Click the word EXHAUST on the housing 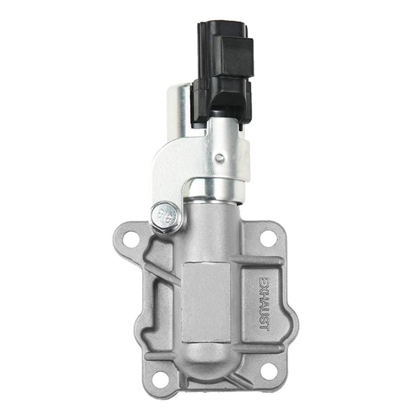(x=264, y=303)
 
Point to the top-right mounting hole (x=268, y=238)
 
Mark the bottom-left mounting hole (x=161, y=378)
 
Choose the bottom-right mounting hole (x=268, y=371)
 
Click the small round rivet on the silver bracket (x=220, y=157)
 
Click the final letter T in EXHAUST (x=264, y=326)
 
